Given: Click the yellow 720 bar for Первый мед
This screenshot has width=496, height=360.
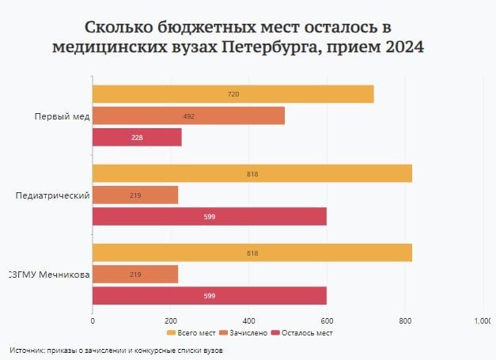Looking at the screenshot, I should [233, 94].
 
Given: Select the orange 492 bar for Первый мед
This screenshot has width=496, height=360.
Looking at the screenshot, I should [188, 116].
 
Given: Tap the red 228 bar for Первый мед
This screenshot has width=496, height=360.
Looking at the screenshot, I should [137, 138].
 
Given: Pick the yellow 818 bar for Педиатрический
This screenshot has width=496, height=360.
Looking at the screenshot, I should [252, 173].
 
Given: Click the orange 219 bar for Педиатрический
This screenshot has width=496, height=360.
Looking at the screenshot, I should [135, 195].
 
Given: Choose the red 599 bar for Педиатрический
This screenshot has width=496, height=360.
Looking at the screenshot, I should [209, 217].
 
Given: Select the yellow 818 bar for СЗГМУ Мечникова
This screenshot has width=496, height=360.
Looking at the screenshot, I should [252, 253].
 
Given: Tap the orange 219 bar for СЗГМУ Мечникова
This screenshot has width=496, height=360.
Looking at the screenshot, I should [135, 275].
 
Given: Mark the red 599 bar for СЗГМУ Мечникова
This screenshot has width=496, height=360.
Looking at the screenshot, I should [209, 296].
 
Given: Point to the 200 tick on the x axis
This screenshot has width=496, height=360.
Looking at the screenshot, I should [170, 320].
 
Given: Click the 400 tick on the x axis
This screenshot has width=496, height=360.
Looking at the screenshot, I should [248, 320].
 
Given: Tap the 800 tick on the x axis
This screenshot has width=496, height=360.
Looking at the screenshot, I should [405, 320].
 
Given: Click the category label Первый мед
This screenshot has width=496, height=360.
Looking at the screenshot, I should [62, 116].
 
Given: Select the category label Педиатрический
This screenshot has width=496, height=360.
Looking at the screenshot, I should [52, 195].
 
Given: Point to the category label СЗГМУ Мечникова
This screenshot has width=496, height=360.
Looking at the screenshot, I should [48, 275].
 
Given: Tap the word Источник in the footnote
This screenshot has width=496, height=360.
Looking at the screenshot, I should [28, 349].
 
